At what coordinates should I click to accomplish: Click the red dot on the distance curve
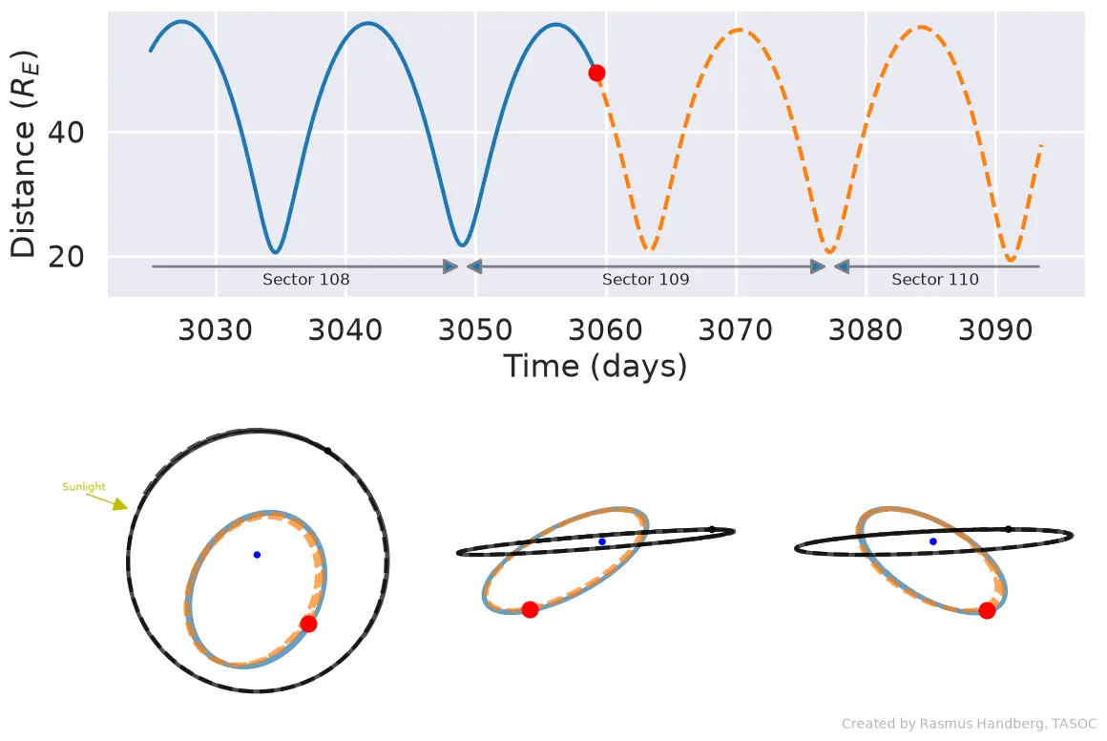tap(596, 73)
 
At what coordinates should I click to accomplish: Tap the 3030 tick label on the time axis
tap(215, 329)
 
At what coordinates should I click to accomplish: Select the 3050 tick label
tap(475, 329)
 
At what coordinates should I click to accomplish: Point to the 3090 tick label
tap(995, 329)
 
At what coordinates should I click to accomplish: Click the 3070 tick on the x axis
tap(735, 329)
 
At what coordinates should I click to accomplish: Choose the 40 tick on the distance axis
tap(66, 132)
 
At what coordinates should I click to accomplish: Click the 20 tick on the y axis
tap(66, 257)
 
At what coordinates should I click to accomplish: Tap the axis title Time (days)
tap(595, 367)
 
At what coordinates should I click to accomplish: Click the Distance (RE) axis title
tap(23, 154)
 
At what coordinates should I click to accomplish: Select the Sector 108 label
tap(305, 279)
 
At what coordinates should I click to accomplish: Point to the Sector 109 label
tap(645, 279)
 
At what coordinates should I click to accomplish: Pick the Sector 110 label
tap(934, 279)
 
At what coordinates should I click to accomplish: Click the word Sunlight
tap(83, 487)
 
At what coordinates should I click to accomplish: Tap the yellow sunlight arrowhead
tap(121, 503)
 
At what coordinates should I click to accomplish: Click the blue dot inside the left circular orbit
tap(257, 555)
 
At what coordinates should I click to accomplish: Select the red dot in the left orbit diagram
tap(308, 624)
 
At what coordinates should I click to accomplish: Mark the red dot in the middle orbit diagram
tap(530, 609)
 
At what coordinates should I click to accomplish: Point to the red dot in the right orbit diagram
tap(987, 610)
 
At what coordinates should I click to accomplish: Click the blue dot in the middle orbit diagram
tap(602, 541)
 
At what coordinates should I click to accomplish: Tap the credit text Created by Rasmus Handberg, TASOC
tap(969, 724)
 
